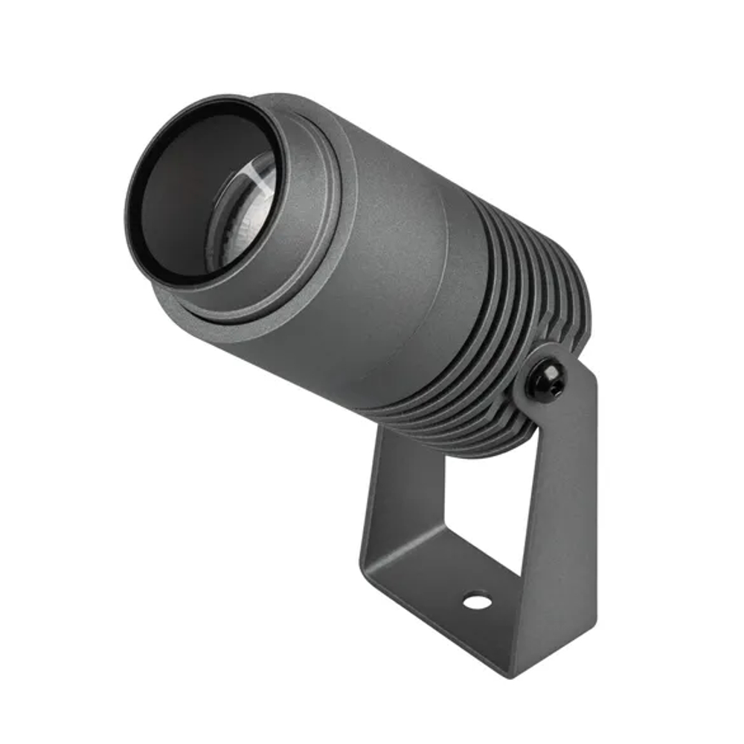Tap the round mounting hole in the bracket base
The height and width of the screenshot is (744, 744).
click(476, 599)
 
